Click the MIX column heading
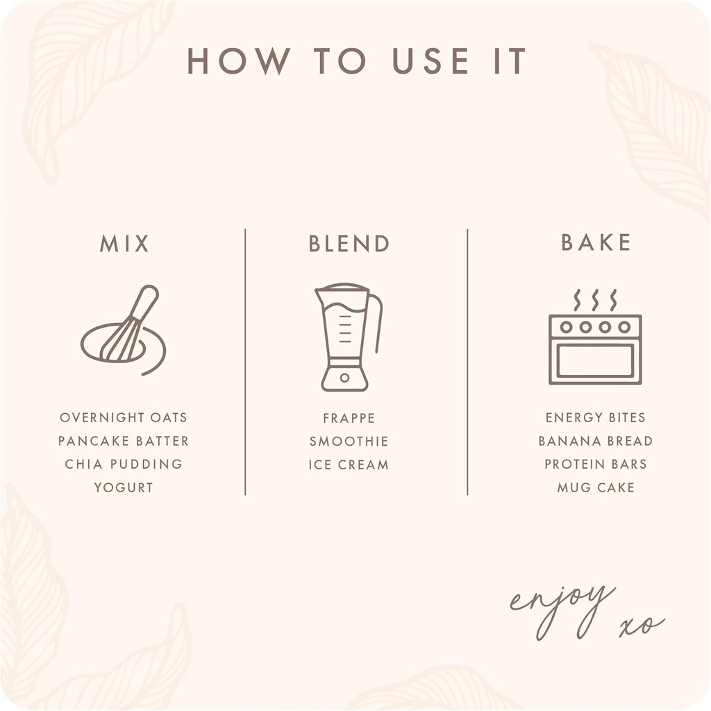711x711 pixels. pyautogui.click(x=124, y=244)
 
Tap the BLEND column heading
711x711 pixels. pyautogui.click(x=349, y=244)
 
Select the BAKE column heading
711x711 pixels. pyautogui.click(x=596, y=242)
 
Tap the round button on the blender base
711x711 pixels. pyautogui.click(x=344, y=378)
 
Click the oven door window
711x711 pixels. pyautogui.click(x=595, y=360)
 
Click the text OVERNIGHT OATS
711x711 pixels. pyautogui.click(x=124, y=417)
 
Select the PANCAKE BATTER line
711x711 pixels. pyautogui.click(x=124, y=441)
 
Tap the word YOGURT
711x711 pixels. pyautogui.click(x=124, y=487)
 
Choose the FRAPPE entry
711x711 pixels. pyautogui.click(x=349, y=418)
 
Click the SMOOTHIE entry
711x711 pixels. pyautogui.click(x=349, y=441)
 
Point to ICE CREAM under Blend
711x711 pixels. pyautogui.click(x=349, y=465)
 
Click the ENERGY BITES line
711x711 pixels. pyautogui.click(x=595, y=417)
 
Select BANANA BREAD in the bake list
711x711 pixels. pyautogui.click(x=595, y=441)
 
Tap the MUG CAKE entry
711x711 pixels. pyautogui.click(x=595, y=487)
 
